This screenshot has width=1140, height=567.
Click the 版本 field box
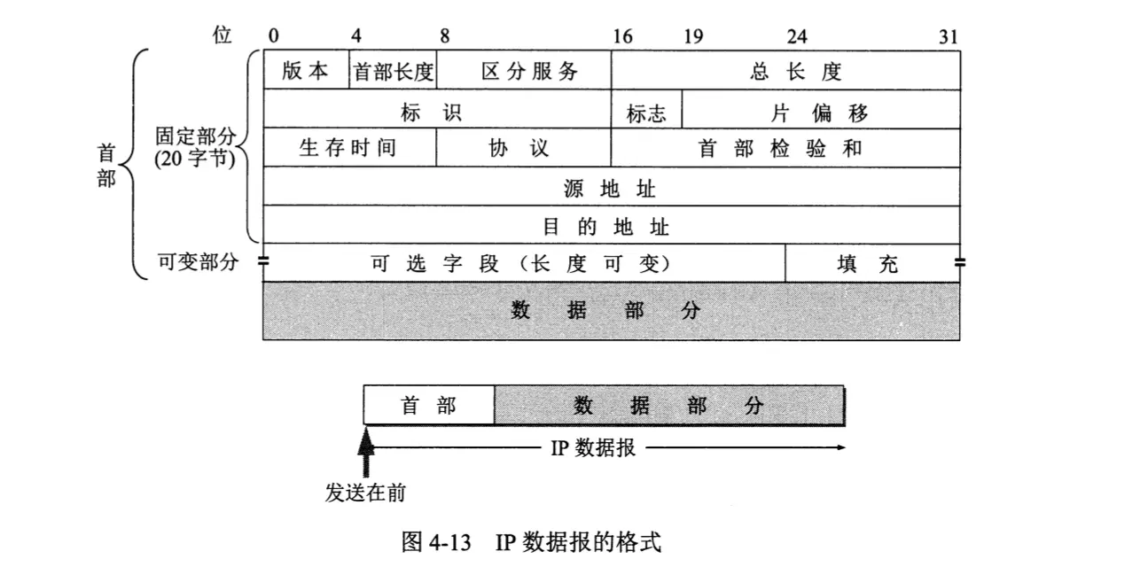click(306, 71)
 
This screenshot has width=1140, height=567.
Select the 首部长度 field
click(394, 71)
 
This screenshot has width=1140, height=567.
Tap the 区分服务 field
click(523, 71)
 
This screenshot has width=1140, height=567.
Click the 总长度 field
click(785, 71)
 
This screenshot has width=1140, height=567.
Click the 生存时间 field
click(349, 148)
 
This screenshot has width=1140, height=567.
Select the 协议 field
click(523, 148)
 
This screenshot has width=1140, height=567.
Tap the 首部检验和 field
click(785, 148)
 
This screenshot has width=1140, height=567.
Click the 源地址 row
click(612, 187)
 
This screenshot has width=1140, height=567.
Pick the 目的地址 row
click(612, 225)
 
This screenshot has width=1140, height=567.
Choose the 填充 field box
click(872, 263)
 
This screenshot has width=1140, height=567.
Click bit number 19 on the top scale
click(693, 36)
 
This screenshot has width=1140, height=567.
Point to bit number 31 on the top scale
click(949, 36)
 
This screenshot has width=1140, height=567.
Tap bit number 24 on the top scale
click(796, 36)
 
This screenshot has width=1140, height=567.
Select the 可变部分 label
click(198, 262)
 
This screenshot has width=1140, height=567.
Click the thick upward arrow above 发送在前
click(366, 453)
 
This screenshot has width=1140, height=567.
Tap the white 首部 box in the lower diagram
click(429, 406)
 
